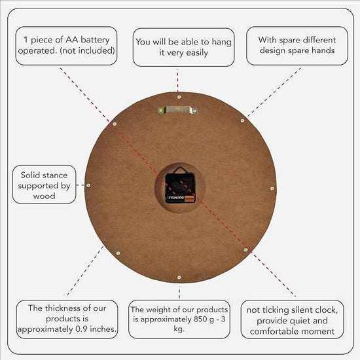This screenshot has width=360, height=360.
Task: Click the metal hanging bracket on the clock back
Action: pyautogui.click(x=177, y=110)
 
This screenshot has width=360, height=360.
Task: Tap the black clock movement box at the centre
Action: pyautogui.click(x=180, y=188)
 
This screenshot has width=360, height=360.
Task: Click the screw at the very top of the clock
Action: pyautogui.click(x=179, y=97)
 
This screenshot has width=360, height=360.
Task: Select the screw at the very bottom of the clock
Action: pyautogui.click(x=179, y=278)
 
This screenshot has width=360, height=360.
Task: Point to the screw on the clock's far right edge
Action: pyautogui.click(x=272, y=189)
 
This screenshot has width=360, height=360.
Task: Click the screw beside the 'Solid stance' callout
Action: pyautogui.click(x=88, y=185)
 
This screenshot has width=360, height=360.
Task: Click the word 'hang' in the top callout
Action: pyautogui.click(x=221, y=43)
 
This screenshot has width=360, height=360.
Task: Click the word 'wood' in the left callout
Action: pyautogui.click(x=44, y=196)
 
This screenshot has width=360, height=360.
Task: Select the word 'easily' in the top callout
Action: pyautogui.click(x=197, y=53)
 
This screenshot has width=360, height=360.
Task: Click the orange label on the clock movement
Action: pyautogui.click(x=189, y=198)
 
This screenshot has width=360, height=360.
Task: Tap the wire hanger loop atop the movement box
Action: pyautogui.click(x=180, y=170)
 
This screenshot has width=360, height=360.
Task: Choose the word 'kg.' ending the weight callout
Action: pyautogui.click(x=179, y=329)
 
